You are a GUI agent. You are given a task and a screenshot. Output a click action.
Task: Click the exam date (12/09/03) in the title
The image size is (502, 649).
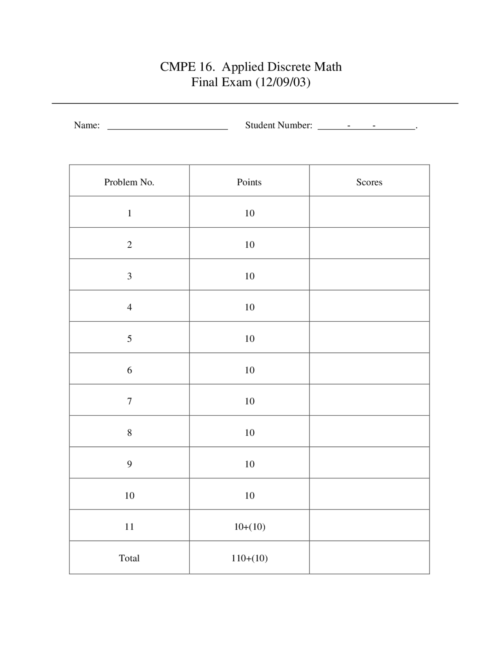point(283,82)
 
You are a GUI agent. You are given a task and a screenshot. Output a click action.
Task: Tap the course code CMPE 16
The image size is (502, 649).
point(187,67)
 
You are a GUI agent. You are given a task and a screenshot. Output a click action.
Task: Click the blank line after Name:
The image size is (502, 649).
point(167,126)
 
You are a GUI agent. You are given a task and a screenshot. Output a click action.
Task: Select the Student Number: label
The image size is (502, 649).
point(278,125)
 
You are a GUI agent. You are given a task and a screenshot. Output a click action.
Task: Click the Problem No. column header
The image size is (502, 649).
point(129,182)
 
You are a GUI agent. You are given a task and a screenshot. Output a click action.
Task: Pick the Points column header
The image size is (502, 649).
point(249,182)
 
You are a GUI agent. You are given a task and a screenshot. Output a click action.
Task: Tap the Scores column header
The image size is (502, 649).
point(369,182)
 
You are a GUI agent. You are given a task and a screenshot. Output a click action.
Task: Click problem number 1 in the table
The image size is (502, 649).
point(129,214)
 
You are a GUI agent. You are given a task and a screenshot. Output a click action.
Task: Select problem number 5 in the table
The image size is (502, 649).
point(129,339)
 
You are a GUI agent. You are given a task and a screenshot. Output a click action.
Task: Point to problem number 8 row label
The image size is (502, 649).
point(129,433)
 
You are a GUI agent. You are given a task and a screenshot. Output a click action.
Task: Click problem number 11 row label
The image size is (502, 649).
point(129,527)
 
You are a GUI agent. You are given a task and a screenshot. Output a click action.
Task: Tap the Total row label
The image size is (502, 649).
point(129,558)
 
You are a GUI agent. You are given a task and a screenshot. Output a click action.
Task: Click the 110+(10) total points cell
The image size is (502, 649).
point(249,558)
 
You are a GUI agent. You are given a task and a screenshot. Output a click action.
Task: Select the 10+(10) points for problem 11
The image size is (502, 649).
point(249,527)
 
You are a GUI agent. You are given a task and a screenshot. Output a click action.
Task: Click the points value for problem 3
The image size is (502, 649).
point(249,276)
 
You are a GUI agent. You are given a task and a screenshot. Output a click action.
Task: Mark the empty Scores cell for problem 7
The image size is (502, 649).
point(369,400)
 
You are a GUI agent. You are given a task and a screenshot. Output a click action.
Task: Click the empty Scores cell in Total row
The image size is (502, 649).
point(369,558)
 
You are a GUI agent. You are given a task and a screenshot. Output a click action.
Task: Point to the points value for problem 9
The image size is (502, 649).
point(249,464)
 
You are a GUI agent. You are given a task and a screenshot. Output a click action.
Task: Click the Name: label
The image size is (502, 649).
point(87,125)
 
